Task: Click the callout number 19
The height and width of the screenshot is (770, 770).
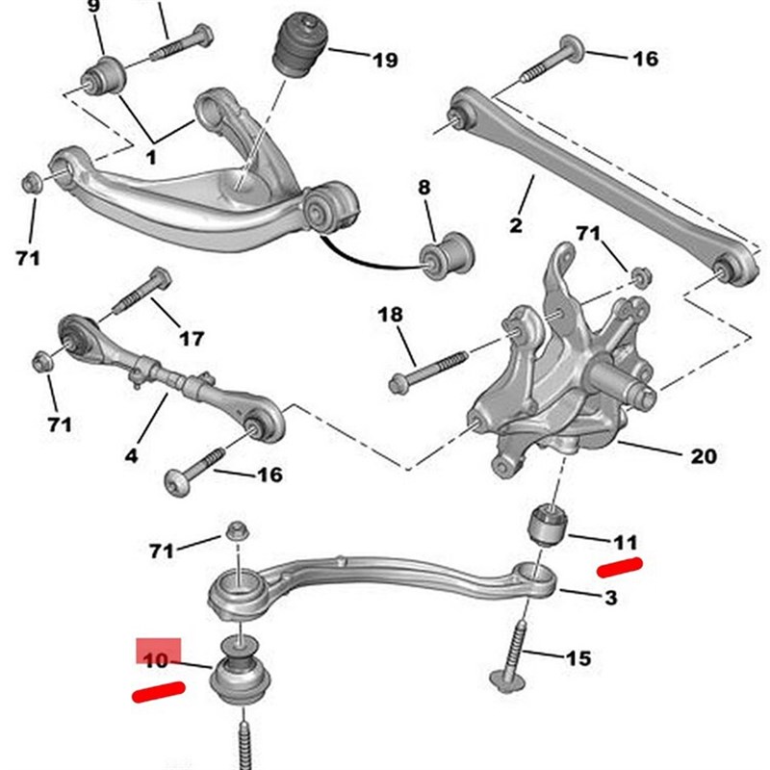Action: (x=385, y=61)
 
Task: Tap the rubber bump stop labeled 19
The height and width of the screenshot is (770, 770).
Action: (x=299, y=46)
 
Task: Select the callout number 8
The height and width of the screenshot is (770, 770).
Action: (x=424, y=187)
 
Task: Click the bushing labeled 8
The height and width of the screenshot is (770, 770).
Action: (x=447, y=256)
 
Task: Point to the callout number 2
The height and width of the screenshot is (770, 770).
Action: (x=516, y=225)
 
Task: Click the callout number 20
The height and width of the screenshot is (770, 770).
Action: (x=704, y=456)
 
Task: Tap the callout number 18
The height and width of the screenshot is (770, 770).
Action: (x=390, y=315)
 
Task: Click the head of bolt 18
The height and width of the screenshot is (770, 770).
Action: (x=397, y=383)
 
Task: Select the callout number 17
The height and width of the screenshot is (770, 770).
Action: (x=191, y=339)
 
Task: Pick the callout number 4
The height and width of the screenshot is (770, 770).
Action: (x=131, y=455)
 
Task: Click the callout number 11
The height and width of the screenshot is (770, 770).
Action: (x=625, y=543)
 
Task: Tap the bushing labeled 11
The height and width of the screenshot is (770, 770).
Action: (x=548, y=524)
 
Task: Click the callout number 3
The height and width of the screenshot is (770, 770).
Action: (x=610, y=598)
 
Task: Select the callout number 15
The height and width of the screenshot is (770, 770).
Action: (x=578, y=658)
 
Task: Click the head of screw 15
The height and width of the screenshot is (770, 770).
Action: (x=507, y=681)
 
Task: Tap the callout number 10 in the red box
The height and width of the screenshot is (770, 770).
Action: (x=156, y=659)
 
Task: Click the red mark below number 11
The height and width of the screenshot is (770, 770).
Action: (x=619, y=567)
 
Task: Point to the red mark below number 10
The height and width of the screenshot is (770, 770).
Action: (x=159, y=691)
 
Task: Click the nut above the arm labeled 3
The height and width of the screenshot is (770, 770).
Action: (x=238, y=531)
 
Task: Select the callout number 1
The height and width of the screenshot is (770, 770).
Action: (x=151, y=158)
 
